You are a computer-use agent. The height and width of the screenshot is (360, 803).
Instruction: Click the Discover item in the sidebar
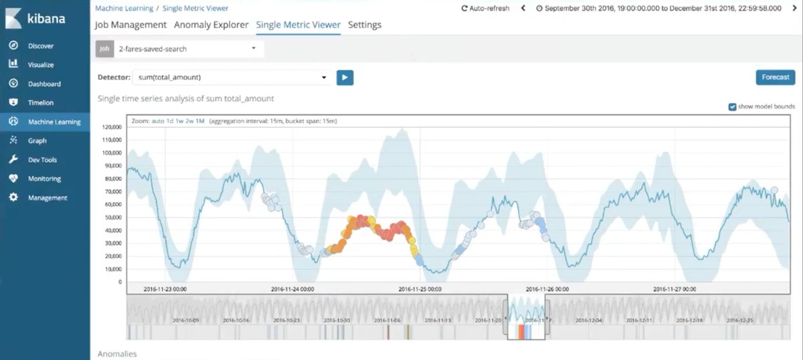(x=40, y=46)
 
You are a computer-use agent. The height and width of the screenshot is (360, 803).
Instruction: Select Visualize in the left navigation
(x=40, y=65)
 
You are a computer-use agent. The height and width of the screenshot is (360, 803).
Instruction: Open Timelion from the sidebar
(x=40, y=103)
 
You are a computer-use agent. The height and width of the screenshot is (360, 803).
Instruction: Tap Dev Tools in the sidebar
(x=43, y=160)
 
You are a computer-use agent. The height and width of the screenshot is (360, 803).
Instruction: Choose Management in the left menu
(x=47, y=198)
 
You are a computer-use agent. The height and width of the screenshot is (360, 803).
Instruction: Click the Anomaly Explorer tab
(x=211, y=25)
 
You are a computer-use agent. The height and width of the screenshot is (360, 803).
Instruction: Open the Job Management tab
(x=131, y=25)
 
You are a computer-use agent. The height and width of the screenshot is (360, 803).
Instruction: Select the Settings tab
(x=365, y=25)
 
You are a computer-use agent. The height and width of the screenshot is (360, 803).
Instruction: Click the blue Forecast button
(x=775, y=77)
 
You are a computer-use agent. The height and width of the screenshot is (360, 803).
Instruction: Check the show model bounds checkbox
(x=732, y=107)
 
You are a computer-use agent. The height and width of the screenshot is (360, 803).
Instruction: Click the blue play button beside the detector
(x=345, y=78)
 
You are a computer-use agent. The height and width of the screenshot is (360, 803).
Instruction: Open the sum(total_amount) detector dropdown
(x=232, y=78)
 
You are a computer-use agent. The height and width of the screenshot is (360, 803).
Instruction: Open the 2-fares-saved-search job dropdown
(x=187, y=49)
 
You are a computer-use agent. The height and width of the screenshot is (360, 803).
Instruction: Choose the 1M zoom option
(x=199, y=121)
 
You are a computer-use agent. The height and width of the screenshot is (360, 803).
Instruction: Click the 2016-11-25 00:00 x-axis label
(x=420, y=289)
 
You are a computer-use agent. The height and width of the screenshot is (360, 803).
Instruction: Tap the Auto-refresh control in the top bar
(x=485, y=9)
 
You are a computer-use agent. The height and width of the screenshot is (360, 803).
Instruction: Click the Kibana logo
(x=36, y=19)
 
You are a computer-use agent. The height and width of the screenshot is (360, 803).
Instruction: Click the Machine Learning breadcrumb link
(x=124, y=9)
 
